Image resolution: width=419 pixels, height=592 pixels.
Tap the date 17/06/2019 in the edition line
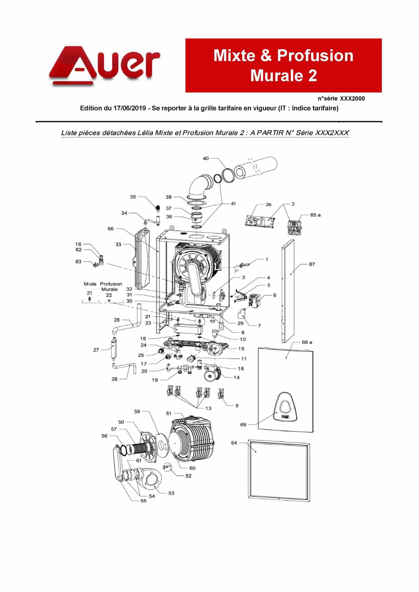pos(130,108)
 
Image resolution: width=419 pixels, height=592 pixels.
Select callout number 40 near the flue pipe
pos(206,159)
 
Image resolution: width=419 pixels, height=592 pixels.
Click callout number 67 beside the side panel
pos(312,264)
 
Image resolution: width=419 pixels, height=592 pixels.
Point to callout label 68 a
pos(307,342)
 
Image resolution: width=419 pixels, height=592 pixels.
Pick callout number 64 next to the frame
pos(234,443)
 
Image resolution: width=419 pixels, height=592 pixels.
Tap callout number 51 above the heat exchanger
pos(169,413)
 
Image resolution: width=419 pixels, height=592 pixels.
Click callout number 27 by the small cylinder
pos(96,350)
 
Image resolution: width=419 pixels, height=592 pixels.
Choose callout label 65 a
pos(315,215)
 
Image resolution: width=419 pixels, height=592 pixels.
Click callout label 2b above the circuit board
pos(268,205)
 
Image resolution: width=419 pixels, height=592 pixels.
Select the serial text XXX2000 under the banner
pos(352,99)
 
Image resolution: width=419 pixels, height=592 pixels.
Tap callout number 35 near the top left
pos(133,197)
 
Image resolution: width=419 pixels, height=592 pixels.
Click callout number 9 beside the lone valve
pos(237,406)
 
